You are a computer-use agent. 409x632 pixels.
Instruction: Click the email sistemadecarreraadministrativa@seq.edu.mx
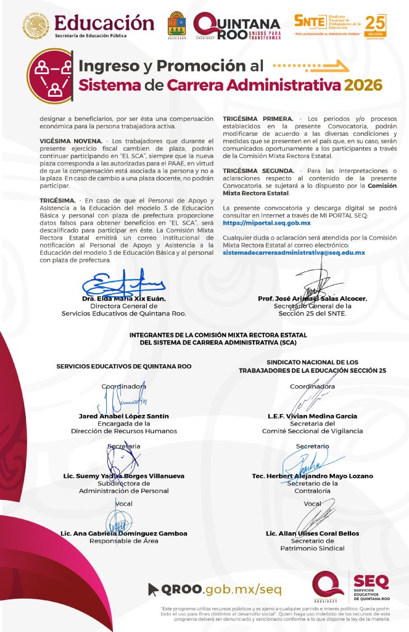point(294,252)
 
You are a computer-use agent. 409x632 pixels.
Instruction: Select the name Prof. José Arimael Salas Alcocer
point(313,299)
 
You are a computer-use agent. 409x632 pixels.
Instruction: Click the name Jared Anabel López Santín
point(123,416)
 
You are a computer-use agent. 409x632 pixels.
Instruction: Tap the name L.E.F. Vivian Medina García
point(312,416)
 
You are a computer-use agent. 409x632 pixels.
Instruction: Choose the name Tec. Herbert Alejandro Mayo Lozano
point(312,476)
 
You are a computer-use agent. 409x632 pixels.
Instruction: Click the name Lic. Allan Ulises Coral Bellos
point(312,533)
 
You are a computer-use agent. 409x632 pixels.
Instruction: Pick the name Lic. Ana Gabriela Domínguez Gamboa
point(123,533)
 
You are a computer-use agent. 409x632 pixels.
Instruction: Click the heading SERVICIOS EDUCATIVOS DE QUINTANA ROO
point(123,366)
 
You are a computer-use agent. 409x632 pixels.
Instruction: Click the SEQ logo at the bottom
point(352,587)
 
